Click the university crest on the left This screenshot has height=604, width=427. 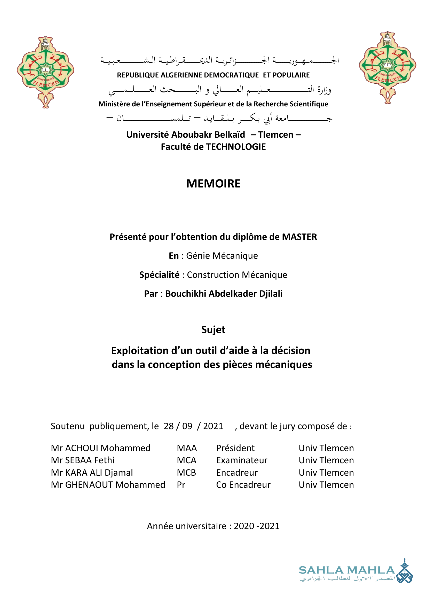pos(45,72)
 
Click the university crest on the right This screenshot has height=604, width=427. pos(387,67)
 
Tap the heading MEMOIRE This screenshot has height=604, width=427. pos(213,184)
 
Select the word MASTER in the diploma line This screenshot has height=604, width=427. pos(299,237)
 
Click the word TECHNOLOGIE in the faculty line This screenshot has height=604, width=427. pos(236,147)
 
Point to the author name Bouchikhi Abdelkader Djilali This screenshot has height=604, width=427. pos(224,294)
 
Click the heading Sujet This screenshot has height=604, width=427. pos(213,330)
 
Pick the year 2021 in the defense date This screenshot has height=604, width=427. pos(213,426)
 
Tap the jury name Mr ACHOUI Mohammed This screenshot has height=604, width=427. pos(101,448)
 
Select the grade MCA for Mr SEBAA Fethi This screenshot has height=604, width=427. pos(186,460)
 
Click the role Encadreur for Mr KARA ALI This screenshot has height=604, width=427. pos(237,473)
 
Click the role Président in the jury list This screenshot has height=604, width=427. pos(235,448)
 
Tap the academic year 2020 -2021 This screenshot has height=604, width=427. pos(256,526)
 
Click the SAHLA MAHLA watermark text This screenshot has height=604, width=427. pos(346,570)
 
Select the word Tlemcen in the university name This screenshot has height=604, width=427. pos(275,135)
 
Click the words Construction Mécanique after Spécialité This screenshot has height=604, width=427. pos(237,275)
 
